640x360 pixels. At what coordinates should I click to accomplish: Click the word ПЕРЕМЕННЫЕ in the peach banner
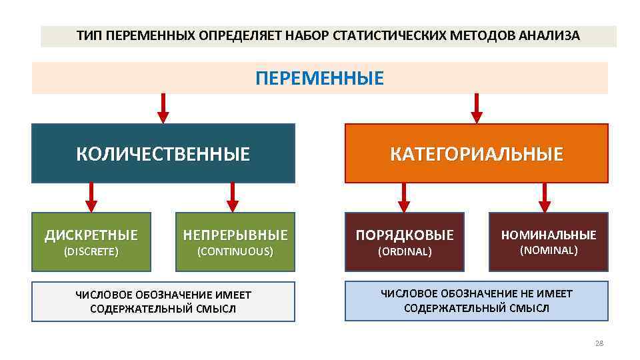320,79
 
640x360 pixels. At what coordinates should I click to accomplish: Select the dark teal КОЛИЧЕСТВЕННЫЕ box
163,154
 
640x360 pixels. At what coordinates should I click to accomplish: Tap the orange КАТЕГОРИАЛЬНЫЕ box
477,154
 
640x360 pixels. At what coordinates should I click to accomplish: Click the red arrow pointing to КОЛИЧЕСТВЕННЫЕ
163,108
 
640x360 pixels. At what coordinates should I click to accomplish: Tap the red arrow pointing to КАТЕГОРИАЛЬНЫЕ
476,108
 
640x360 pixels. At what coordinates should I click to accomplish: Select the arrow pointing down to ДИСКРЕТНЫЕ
91,197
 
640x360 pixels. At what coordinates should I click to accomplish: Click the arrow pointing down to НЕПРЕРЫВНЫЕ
233,197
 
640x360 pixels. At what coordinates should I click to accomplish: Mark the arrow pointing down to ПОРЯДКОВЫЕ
403,197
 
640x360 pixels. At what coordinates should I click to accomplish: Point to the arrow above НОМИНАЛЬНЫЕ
545,197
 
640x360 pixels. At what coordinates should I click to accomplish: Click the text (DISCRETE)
91,252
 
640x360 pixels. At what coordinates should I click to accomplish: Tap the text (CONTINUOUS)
235,252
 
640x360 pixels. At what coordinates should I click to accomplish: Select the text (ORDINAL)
405,252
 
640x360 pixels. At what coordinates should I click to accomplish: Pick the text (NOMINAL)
549,251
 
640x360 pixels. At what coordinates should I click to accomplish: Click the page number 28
598,343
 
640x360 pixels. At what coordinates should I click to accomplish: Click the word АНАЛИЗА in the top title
551,36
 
